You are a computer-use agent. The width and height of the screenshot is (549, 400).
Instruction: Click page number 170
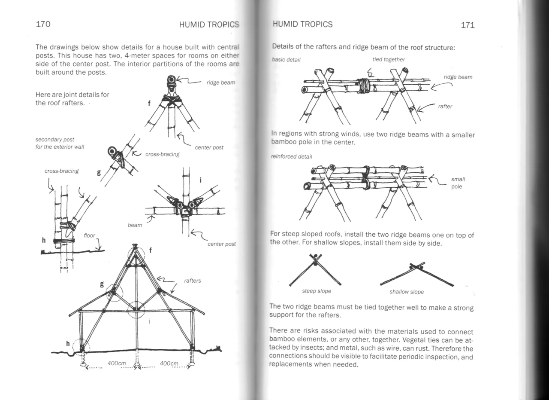43,24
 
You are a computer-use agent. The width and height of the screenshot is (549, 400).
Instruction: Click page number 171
468,25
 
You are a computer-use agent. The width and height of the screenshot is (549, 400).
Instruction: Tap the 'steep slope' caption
317,291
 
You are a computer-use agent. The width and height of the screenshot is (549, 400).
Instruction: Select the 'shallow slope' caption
406,292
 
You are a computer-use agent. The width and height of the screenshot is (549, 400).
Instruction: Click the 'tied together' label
389,60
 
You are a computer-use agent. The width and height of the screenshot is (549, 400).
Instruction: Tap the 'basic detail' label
287,60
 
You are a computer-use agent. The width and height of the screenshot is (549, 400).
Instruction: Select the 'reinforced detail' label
292,156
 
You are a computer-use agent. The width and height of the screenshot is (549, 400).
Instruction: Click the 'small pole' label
458,183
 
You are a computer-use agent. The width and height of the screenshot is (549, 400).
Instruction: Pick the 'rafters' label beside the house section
192,281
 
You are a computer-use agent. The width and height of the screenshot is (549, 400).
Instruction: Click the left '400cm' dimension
116,363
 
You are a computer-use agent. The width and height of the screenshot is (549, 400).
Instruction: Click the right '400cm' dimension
169,363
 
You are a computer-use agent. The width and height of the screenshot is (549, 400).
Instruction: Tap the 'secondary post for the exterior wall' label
60,143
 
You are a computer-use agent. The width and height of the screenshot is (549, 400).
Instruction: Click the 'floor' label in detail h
89,235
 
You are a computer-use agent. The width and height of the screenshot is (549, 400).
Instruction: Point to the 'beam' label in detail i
135,225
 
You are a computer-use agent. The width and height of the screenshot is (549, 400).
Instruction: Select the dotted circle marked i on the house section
136,309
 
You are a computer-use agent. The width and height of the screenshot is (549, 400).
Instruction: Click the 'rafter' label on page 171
445,107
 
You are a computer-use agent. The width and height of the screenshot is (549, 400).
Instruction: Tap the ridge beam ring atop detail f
172,79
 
